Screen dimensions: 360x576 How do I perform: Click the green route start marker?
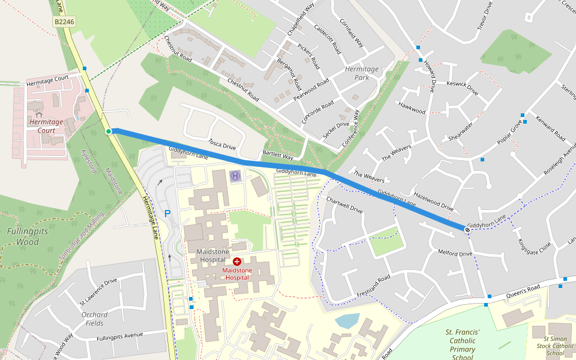click(x=109, y=131)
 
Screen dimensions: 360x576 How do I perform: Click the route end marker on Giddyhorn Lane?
click(x=467, y=229)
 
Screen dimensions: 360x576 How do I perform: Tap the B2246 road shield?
click(x=64, y=22)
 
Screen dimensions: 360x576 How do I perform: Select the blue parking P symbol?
click(x=167, y=213)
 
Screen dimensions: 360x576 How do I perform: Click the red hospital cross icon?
click(x=237, y=262)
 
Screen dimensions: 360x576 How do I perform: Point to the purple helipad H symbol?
click(x=235, y=176)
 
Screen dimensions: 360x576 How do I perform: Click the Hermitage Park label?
click(x=362, y=73)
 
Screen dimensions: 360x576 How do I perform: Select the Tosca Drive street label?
click(x=222, y=144)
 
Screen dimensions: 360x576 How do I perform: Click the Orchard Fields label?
click(x=94, y=319)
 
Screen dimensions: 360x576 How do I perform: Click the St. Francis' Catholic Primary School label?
click(x=463, y=345)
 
